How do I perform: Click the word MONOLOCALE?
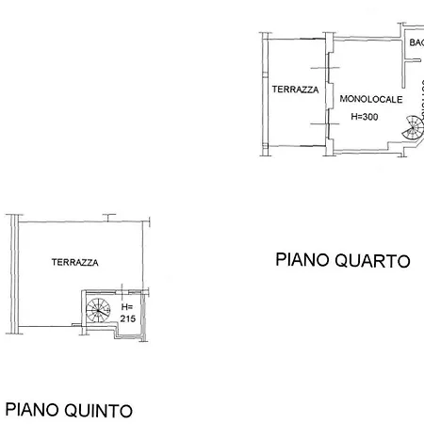tap(370, 99)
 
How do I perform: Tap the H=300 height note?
tap(364, 117)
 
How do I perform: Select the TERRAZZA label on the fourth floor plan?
tap(295, 90)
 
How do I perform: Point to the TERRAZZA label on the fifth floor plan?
tap(75, 263)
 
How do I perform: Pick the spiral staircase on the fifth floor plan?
tap(96, 310)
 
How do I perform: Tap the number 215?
tap(129, 319)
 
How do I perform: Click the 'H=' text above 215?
tap(128, 307)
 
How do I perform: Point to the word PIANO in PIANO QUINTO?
tap(29, 410)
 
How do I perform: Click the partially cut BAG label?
tap(416, 42)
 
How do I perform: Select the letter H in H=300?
tap(353, 117)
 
